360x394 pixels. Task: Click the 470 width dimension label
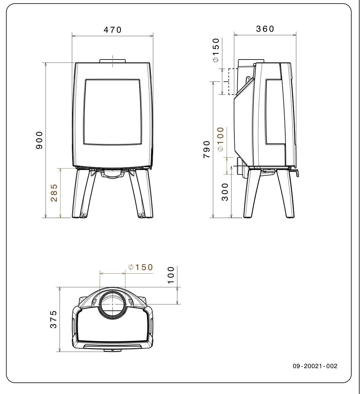tap(112, 30)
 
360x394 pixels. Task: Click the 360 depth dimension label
tap(265, 29)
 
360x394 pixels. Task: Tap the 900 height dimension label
tap(39, 140)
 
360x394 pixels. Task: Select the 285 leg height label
tap(54, 193)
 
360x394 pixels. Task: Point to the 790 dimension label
tap(207, 149)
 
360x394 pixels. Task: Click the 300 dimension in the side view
tap(225, 192)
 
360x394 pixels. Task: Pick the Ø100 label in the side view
tap(220, 139)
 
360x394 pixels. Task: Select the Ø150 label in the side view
tap(216, 50)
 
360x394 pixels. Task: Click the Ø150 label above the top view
tap(140, 267)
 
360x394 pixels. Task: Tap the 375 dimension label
tap(54, 319)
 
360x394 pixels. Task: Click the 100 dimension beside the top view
tap(171, 275)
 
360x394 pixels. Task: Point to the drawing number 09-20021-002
tap(315, 366)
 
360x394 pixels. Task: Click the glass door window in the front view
tap(113, 112)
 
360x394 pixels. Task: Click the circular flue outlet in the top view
tap(112, 304)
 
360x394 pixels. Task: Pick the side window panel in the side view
tap(275, 112)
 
